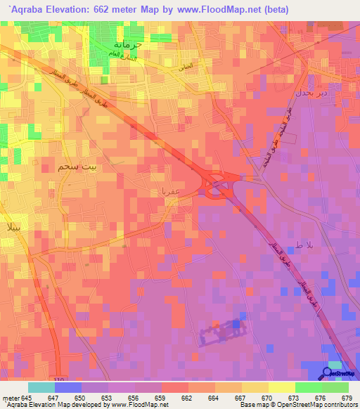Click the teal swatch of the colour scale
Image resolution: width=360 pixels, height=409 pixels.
click(x=41, y=387)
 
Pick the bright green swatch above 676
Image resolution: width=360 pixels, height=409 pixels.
click(x=309, y=387)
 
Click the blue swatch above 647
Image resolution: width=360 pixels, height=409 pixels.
click(x=68, y=387)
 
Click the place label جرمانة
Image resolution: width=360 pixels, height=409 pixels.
click(x=129, y=45)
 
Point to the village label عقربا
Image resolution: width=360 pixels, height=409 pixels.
click(x=170, y=190)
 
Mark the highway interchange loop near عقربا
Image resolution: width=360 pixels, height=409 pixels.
click(x=214, y=185)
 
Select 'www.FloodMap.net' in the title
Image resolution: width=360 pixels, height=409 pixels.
click(x=213, y=11)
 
